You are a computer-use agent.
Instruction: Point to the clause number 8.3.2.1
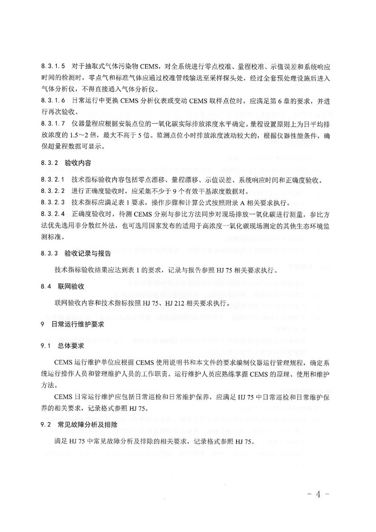tap(53, 180)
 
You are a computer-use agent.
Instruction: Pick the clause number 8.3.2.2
tap(53, 191)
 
